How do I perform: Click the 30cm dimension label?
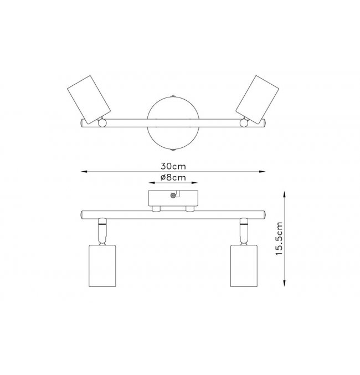tap(173, 166)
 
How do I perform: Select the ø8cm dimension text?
tap(173, 177)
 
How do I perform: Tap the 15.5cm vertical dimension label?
tap(279, 239)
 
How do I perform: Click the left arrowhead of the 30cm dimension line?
tap(84, 172)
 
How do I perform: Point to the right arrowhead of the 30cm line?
tap(263, 172)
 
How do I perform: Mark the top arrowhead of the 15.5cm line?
tap(284, 194)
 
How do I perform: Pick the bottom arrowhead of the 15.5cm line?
tap(284, 284)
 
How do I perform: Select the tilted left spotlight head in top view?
tap(89, 100)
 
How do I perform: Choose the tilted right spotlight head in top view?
tap(257, 100)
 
